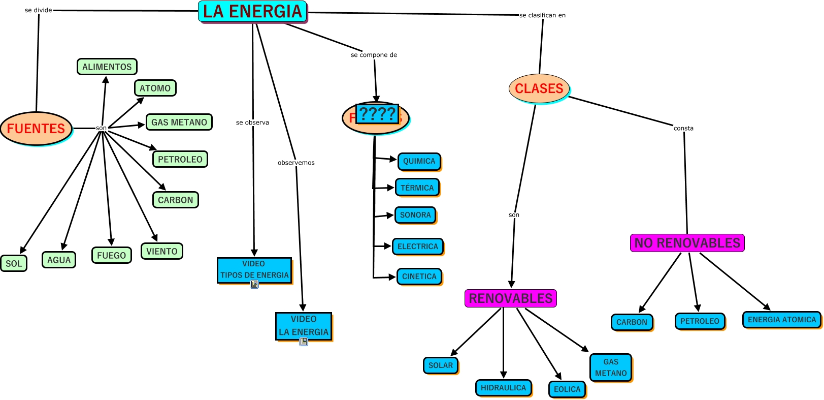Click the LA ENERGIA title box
point(252,11)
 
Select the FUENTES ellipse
point(36,129)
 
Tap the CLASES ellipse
point(539,88)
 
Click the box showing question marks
point(377,114)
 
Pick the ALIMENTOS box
point(107,67)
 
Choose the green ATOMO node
point(155,88)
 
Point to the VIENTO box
point(161,251)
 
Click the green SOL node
point(14,263)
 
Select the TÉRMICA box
point(417,188)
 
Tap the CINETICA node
point(419,276)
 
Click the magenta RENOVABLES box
point(510,298)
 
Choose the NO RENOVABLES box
point(687,243)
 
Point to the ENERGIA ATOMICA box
point(781,320)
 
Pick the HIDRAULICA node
point(503,388)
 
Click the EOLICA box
point(567,389)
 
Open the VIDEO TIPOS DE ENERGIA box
point(254,270)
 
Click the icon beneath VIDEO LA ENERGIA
point(304,342)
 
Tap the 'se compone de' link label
point(374,55)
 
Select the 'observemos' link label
point(296,163)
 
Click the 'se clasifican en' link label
point(542,15)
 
